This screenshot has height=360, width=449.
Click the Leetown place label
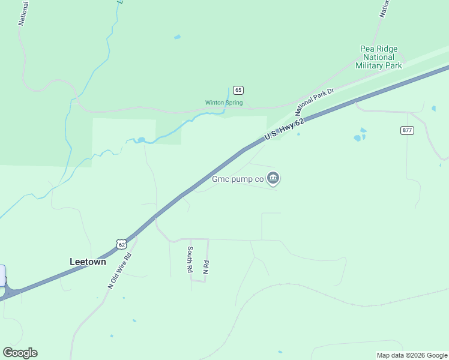(x=88, y=262)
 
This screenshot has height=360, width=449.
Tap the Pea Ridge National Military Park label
(x=379, y=57)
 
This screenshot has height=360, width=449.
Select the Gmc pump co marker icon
(x=273, y=178)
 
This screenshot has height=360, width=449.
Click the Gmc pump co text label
(x=238, y=178)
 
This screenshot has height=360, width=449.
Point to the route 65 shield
(x=238, y=90)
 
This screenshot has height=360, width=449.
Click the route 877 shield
(x=408, y=130)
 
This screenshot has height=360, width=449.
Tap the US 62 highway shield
(x=122, y=244)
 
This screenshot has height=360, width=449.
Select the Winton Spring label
(x=224, y=103)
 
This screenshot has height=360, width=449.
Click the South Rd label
(x=190, y=260)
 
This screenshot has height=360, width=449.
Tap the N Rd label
(x=205, y=268)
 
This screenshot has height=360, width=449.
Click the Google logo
(x=20, y=353)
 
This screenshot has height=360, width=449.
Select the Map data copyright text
(x=412, y=355)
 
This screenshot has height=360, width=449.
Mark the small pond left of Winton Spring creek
(x=141, y=140)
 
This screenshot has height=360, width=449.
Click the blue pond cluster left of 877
(x=360, y=136)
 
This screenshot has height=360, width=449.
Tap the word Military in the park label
(x=379, y=65)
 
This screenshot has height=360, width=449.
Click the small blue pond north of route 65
(x=177, y=37)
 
